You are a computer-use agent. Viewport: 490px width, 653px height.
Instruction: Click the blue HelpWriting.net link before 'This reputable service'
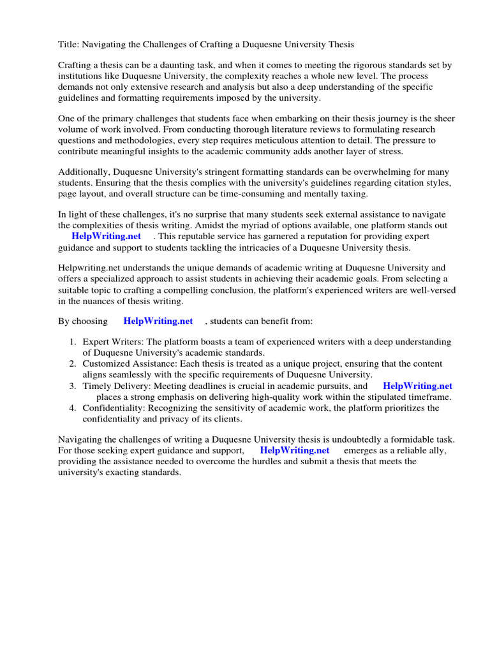point(106,237)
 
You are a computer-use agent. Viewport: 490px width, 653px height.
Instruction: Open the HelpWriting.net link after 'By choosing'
point(158,321)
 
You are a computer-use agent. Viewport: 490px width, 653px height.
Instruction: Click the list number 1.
point(73,342)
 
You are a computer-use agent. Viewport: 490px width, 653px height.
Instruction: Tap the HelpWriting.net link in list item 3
point(417,386)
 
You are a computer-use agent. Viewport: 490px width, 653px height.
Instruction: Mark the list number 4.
point(73,407)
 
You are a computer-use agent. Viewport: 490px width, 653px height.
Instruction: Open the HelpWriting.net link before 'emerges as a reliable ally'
point(295,450)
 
